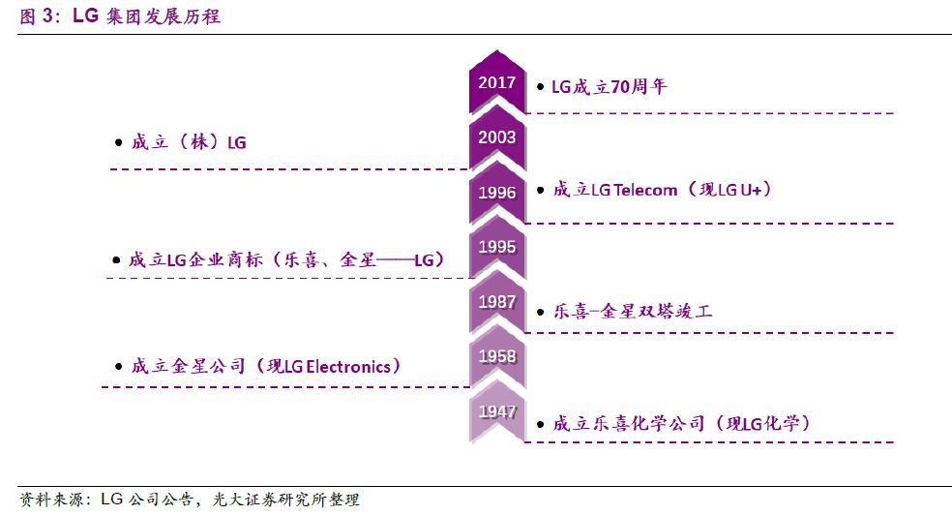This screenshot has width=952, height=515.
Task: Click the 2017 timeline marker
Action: (496, 82)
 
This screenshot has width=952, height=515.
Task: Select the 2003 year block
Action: (496, 137)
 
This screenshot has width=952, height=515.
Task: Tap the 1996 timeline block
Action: (496, 192)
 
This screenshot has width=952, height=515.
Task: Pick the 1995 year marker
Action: (496, 247)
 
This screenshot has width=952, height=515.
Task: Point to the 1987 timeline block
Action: (496, 302)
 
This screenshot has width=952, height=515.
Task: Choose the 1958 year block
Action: (496, 357)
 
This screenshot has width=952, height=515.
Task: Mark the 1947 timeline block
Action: (496, 411)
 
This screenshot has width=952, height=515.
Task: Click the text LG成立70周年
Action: (609, 86)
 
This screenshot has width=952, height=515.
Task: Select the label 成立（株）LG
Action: (189, 142)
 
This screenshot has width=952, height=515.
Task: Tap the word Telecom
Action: (645, 190)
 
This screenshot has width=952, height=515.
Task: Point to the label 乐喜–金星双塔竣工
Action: (632, 312)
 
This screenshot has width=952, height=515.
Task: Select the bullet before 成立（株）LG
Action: (117, 143)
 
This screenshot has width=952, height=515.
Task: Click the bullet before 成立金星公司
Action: (117, 368)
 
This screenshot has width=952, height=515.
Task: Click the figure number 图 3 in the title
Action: (36, 16)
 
